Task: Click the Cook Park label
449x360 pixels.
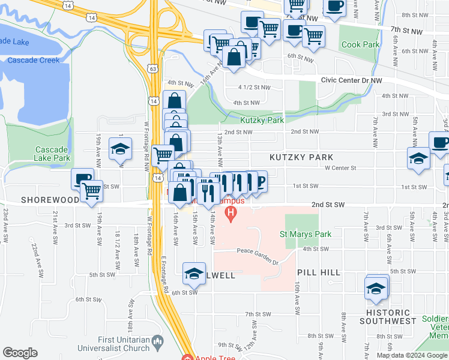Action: point(360,45)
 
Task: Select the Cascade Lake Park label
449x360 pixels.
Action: point(53,154)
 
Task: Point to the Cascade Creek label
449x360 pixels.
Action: point(33,60)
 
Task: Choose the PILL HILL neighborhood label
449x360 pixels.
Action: point(319,272)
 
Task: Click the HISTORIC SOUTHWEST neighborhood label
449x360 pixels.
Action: point(388,317)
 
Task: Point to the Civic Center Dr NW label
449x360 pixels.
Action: point(352,79)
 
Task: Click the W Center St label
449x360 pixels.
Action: point(340,169)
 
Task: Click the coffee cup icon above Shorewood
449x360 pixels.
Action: point(82,178)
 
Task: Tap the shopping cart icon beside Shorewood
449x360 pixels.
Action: point(92,192)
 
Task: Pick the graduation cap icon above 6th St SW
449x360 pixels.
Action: point(194,274)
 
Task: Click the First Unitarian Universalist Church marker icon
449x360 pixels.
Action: point(158,344)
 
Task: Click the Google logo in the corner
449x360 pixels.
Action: point(20,353)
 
